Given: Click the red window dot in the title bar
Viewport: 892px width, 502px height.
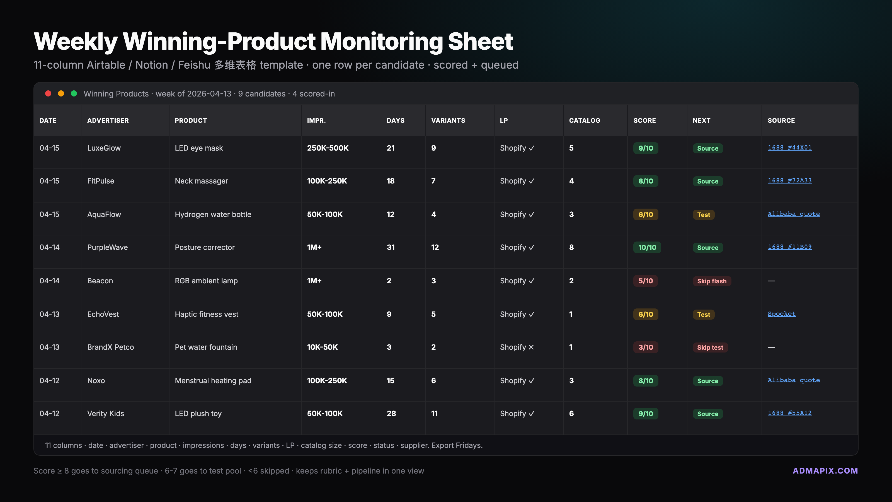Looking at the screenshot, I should click(48, 93).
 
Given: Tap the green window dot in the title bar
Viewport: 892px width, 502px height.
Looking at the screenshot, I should click(74, 93).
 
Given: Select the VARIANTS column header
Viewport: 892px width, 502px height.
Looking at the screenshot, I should click(448, 120).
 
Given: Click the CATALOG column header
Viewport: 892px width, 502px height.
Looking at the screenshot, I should click(585, 120).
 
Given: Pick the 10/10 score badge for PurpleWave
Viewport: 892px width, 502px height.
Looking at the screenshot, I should click(647, 247).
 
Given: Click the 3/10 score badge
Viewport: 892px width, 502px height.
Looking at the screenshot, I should click(646, 347).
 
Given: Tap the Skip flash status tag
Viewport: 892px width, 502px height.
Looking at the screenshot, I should click(712, 281).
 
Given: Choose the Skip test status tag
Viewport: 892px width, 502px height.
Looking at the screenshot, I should click(710, 347).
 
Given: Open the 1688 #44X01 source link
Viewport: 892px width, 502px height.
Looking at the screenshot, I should click(789, 148).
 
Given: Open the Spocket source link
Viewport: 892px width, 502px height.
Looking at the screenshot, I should click(782, 314).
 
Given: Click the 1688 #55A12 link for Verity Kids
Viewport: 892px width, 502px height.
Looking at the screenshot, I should click(789, 413).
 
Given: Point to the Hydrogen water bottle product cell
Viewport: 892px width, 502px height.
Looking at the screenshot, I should click(213, 214).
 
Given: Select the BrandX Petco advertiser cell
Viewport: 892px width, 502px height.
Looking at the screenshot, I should click(110, 347).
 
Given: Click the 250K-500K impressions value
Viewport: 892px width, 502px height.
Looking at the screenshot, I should click(328, 148).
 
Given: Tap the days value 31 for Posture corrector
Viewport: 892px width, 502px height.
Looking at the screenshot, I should click(391, 247).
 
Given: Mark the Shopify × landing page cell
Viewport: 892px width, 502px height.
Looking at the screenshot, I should click(517, 347).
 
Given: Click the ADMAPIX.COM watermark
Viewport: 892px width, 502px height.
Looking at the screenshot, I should click(825, 471).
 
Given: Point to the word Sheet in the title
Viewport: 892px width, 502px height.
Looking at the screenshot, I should click(480, 42).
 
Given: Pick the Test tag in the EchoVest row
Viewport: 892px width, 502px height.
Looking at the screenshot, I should click(703, 315).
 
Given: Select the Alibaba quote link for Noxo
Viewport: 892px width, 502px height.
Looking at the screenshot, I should click(793, 380).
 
